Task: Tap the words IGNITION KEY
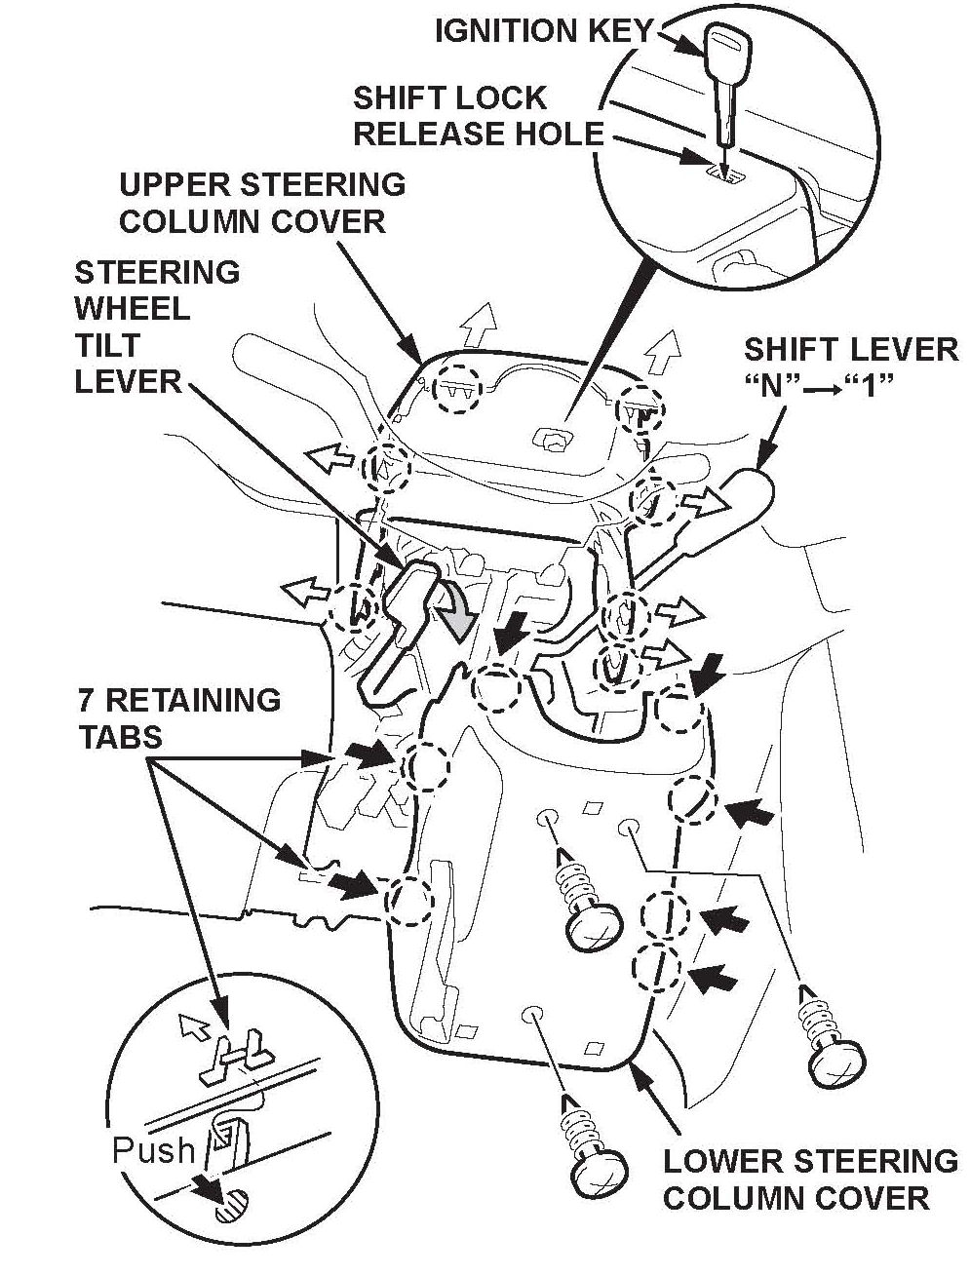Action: tap(543, 31)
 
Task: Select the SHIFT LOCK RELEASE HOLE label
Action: tap(478, 116)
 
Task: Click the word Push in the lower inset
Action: tap(153, 1150)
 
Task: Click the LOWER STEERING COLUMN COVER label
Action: tap(809, 1178)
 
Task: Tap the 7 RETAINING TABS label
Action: tap(178, 717)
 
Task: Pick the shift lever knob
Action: tap(759, 496)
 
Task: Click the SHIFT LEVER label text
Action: tap(851, 349)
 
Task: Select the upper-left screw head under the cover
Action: tap(594, 923)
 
